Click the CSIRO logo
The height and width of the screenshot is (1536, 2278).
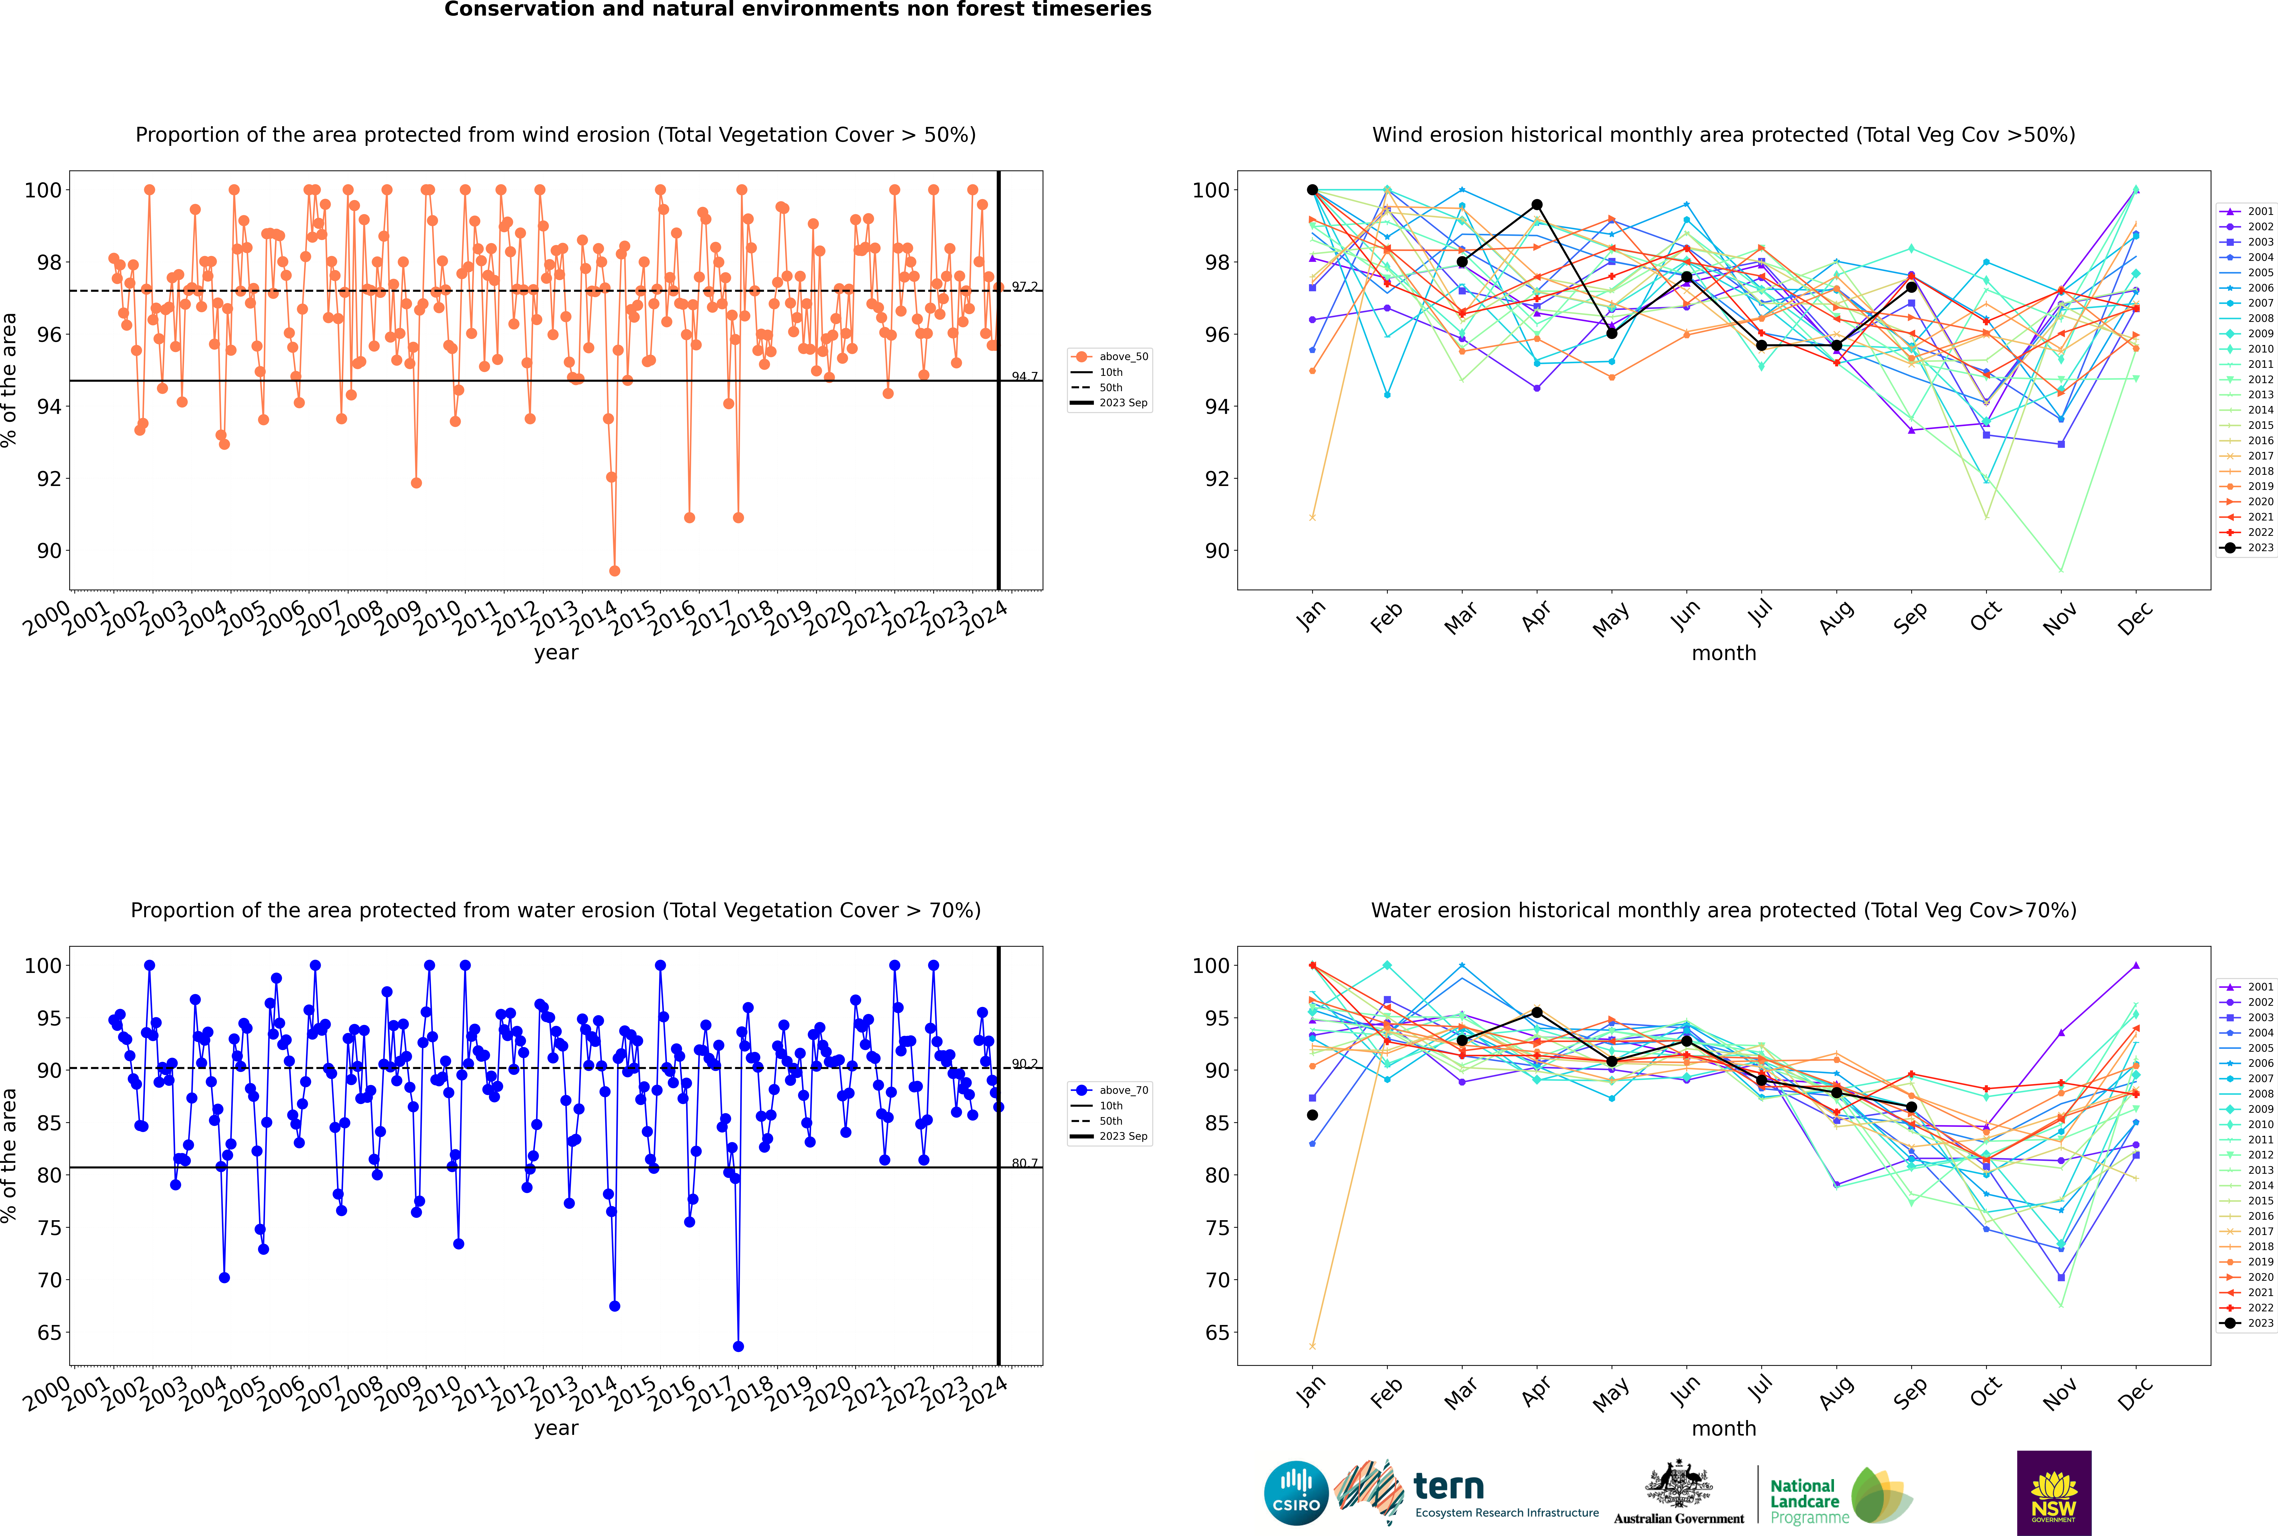(1296, 1493)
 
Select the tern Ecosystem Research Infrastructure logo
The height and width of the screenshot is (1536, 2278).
(1466, 1493)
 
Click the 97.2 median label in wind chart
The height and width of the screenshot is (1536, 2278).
(1024, 286)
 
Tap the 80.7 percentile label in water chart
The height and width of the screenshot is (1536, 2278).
(1024, 1163)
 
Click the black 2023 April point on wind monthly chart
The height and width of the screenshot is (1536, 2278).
(1537, 205)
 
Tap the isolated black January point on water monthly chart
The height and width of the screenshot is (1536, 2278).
(1312, 1115)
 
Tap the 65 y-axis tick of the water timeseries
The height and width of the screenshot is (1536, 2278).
(49, 1332)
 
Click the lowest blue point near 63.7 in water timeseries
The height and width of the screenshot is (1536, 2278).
(738, 1346)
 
